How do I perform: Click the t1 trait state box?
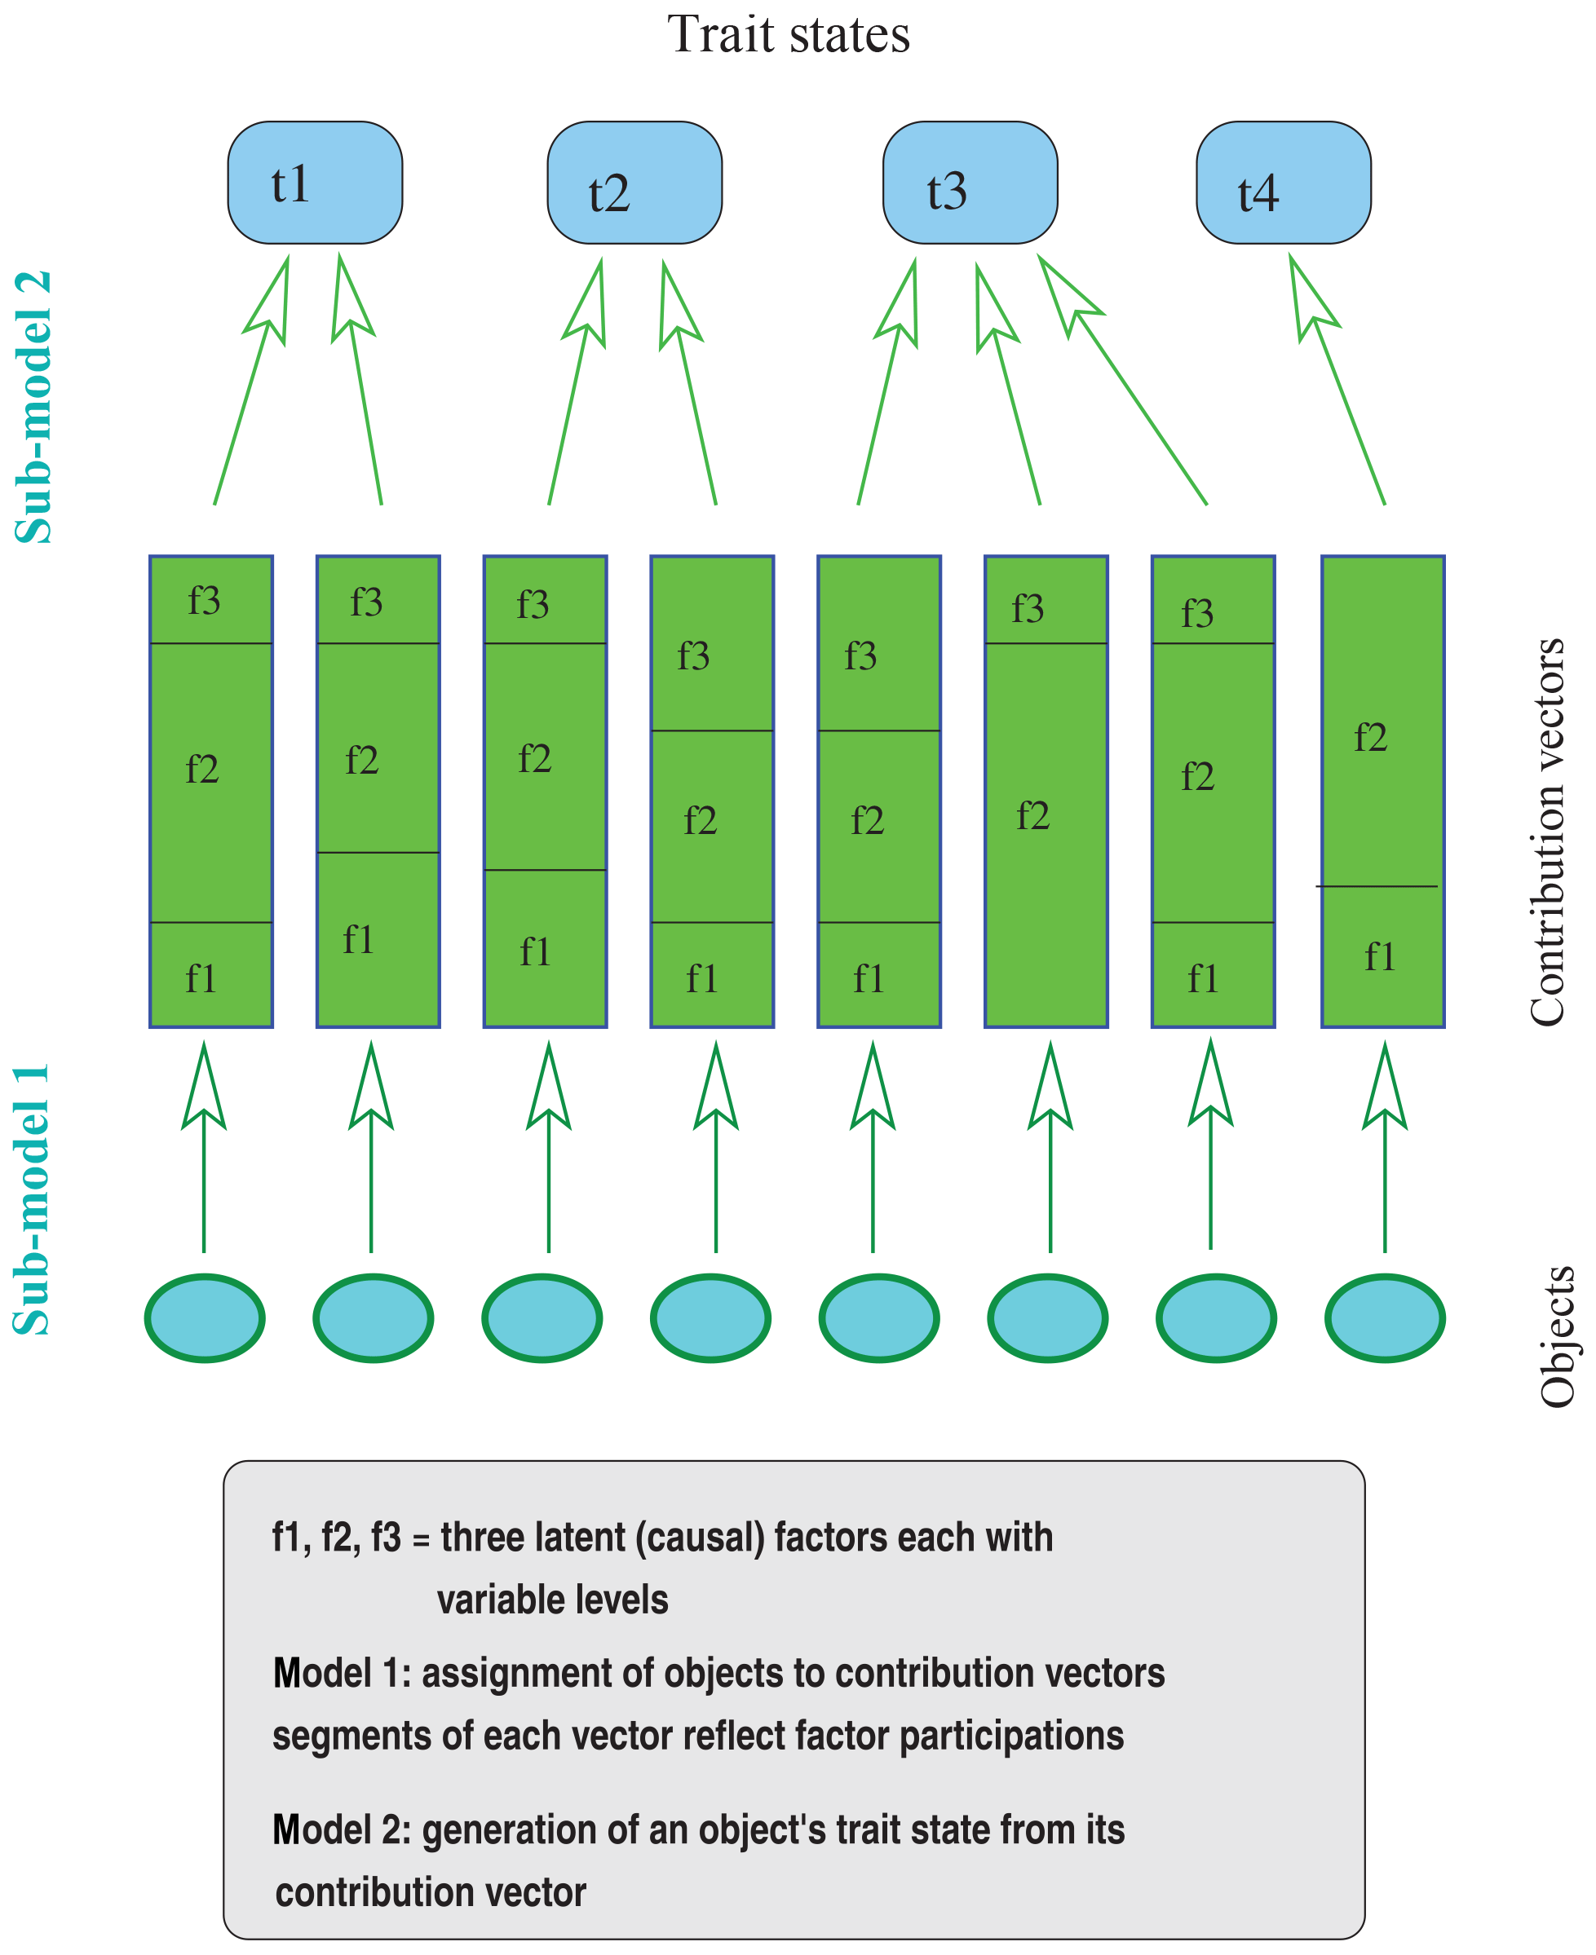click(x=315, y=183)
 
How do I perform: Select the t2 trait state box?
click(x=634, y=183)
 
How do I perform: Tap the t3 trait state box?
click(x=970, y=183)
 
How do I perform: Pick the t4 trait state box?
click(x=1284, y=183)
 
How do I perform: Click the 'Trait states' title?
click(x=788, y=35)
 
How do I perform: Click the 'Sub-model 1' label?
click(x=32, y=1199)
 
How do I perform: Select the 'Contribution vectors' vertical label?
click(x=1546, y=832)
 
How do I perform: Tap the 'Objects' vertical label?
click(x=1555, y=1336)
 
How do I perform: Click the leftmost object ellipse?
click(x=205, y=1318)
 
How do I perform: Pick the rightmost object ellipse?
click(x=1385, y=1318)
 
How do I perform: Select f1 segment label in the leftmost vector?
click(x=201, y=979)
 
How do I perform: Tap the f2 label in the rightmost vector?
click(x=1370, y=738)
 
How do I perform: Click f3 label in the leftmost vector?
click(x=204, y=601)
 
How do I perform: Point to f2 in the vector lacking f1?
click(x=1032, y=816)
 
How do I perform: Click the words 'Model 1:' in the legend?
click(x=342, y=1674)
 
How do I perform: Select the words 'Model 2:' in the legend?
click(x=342, y=1830)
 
